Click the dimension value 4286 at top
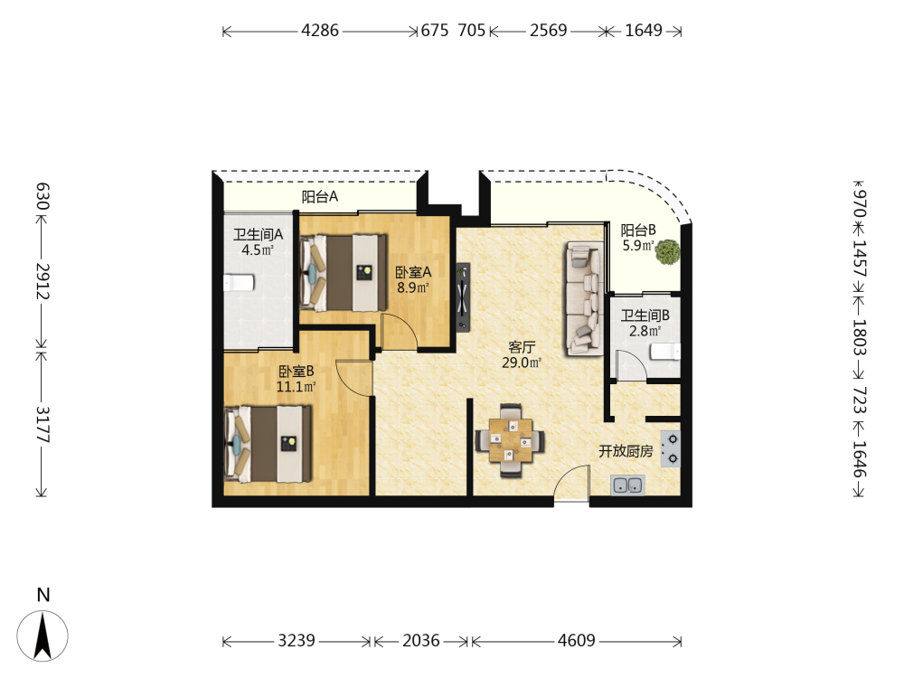tap(320, 30)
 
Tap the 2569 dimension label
tap(549, 30)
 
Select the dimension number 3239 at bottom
tap(297, 641)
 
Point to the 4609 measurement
tap(577, 641)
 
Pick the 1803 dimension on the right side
tap(860, 337)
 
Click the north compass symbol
tap(42, 636)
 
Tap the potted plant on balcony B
tap(668, 252)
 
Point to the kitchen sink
tap(628, 485)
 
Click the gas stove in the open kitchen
tap(671, 448)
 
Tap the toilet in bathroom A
tap(239, 283)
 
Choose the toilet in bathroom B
tap(665, 351)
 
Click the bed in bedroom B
tap(268, 443)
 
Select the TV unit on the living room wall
tap(462, 297)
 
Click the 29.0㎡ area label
tap(522, 363)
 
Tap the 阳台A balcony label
tap(320, 196)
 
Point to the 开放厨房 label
tap(626, 451)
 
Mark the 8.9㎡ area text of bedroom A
tap(413, 287)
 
